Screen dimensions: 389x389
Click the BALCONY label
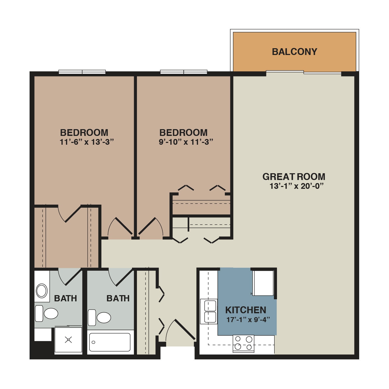[294, 52]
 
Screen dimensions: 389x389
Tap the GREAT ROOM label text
[294, 177]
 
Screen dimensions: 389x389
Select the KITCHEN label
[246, 310]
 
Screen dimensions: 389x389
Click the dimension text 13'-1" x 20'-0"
[297, 186]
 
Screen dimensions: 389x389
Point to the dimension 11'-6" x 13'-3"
[87, 142]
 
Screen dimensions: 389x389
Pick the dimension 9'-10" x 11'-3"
[186, 142]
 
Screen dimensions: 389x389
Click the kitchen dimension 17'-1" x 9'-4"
[248, 319]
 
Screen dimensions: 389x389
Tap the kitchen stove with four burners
[244, 344]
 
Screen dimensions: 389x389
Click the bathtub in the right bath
[110, 342]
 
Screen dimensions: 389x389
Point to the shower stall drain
[68, 339]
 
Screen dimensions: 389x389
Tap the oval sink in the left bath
[41, 290]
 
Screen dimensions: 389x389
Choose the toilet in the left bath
[46, 313]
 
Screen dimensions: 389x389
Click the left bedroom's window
[82, 72]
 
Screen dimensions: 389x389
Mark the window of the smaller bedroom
[184, 72]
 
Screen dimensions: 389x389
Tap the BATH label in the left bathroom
[65, 298]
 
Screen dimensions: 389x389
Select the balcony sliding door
[304, 72]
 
